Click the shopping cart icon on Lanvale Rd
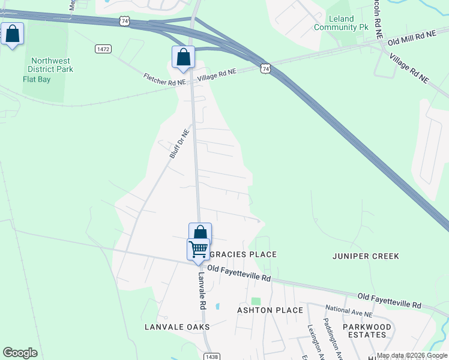click(x=198, y=248)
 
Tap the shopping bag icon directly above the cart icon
click(x=200, y=233)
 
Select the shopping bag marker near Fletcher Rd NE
click(x=184, y=57)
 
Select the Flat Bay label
click(x=37, y=79)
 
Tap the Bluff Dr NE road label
click(x=179, y=143)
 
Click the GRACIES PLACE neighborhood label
click(x=243, y=254)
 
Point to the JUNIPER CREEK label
click(x=366, y=256)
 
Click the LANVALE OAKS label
click(x=177, y=327)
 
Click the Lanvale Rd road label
click(x=202, y=291)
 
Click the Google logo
click(x=20, y=353)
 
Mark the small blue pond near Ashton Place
click(x=217, y=307)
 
